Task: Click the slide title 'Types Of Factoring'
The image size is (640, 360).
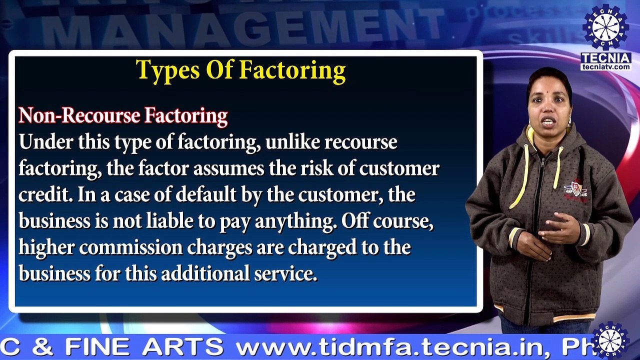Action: pos(240,70)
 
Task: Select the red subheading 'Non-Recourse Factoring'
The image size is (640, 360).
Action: pos(123,116)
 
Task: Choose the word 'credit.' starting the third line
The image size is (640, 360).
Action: pos(45,195)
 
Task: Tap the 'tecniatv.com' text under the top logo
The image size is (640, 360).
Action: pos(606,66)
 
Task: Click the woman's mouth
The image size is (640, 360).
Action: pos(548,121)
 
